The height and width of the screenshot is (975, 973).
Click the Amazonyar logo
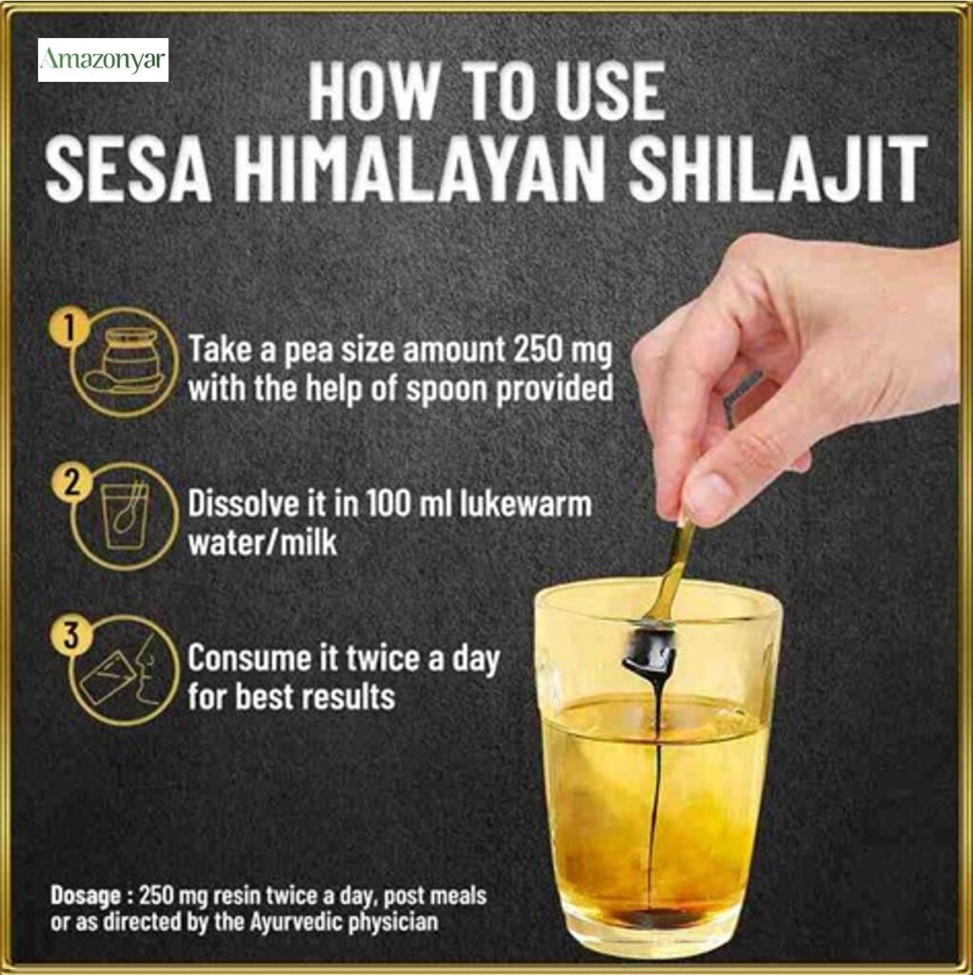[103, 60]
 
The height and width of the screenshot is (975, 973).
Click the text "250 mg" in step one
[563, 351]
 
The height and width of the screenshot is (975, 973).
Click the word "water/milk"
[263, 543]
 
